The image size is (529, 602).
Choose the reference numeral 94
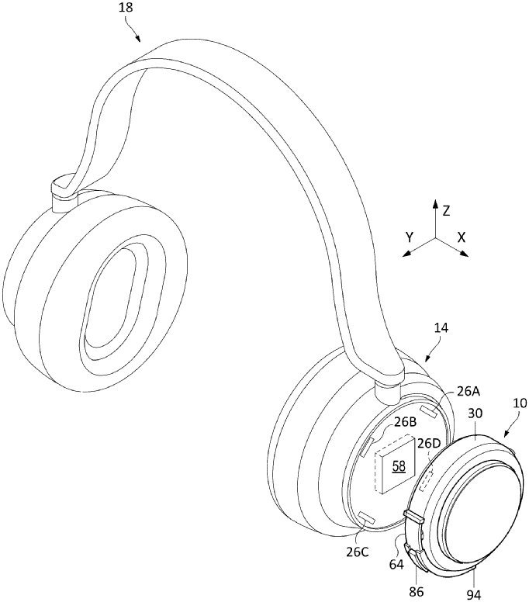[x=473, y=593]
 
